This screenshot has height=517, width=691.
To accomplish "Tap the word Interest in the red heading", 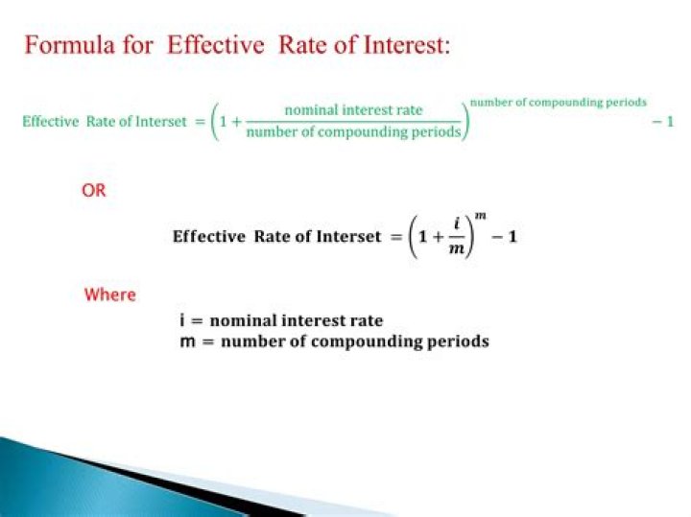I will [x=398, y=46].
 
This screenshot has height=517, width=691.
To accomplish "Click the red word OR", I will [x=94, y=191].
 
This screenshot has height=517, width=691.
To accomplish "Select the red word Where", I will [x=110, y=294].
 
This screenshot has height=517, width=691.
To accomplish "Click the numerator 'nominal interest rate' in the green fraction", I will [x=354, y=110].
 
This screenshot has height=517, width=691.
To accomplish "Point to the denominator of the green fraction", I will [x=354, y=131].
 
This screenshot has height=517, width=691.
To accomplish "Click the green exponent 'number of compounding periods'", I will [x=558, y=102].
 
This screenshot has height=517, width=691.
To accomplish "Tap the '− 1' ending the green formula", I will [x=662, y=122].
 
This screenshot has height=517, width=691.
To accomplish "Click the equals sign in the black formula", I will [x=393, y=237].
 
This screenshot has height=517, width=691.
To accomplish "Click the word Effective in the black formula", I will [x=209, y=237].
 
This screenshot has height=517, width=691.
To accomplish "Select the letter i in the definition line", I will [x=182, y=320].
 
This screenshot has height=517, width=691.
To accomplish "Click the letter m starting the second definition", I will [x=186, y=341].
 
